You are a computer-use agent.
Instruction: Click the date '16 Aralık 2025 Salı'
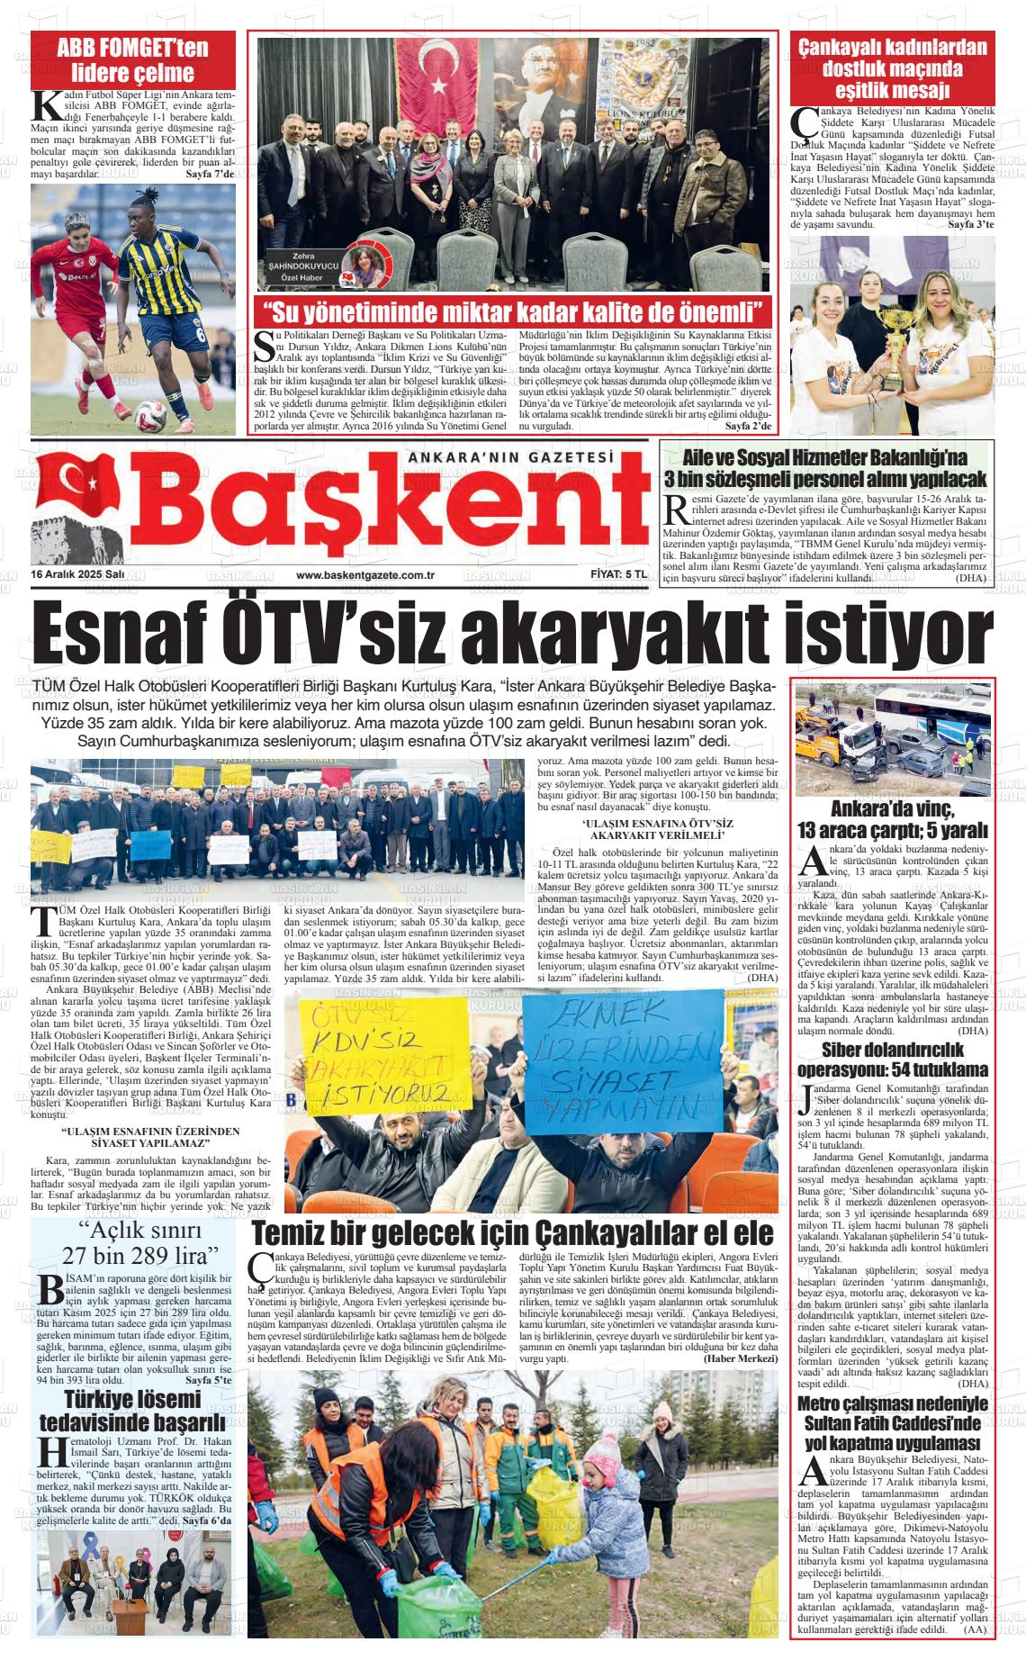(x=77, y=575)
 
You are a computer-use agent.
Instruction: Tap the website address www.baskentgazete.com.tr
(x=365, y=575)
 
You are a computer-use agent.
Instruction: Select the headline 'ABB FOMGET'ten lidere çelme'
(x=132, y=60)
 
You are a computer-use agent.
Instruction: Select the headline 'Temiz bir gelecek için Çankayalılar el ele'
(x=512, y=1231)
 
